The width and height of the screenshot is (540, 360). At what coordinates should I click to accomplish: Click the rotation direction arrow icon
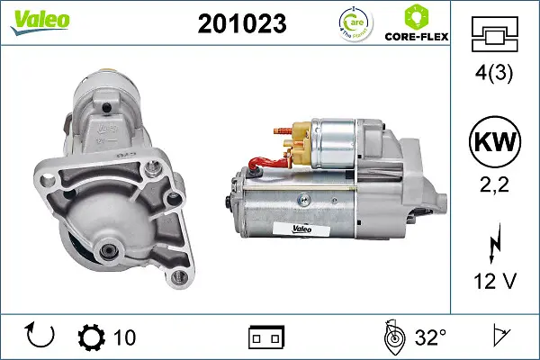pos(41,337)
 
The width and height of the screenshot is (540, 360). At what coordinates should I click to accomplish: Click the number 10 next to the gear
pos(124,337)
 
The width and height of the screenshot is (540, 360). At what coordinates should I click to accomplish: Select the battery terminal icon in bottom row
pos(265,337)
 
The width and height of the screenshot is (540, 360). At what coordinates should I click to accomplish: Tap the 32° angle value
pos(430,337)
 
